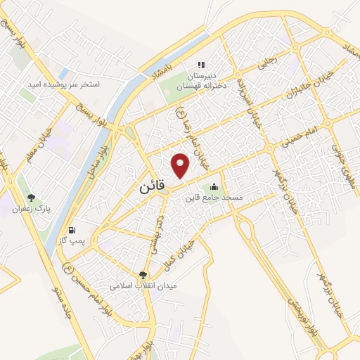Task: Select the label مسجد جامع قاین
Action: coord(213,198)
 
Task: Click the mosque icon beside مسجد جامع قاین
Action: coord(214,187)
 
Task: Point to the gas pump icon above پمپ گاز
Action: coord(72,230)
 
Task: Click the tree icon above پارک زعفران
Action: coord(31,198)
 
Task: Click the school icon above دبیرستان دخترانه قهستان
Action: coord(201,65)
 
